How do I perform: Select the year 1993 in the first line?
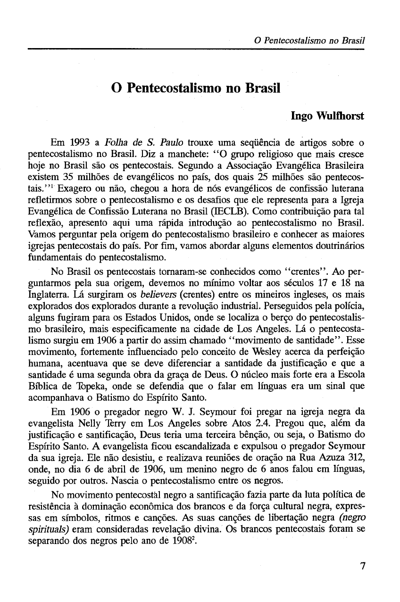82,141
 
